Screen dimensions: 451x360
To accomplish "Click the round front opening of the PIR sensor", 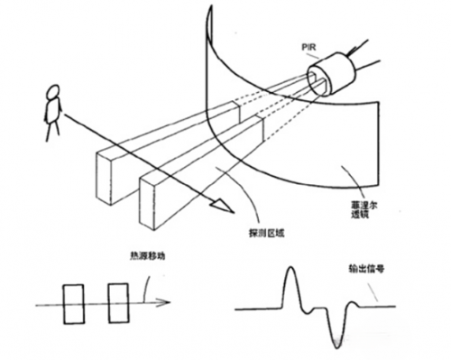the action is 315,83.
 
